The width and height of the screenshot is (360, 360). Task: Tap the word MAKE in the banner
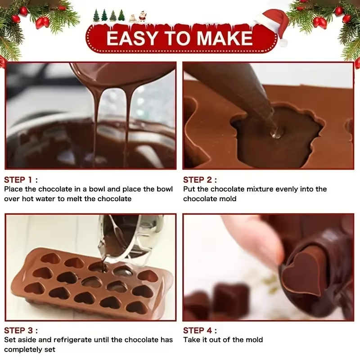coord(225,38)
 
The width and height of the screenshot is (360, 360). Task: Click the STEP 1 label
coord(21,180)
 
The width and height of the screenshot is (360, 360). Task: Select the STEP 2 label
coord(200,180)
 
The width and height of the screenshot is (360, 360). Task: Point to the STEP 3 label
coord(21,330)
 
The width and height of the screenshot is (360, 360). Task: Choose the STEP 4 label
coord(200,330)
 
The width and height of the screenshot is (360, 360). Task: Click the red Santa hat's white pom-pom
coord(283,43)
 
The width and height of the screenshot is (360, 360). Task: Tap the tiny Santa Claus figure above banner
coord(142,16)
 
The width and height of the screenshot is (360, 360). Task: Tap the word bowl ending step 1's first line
coord(165,189)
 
